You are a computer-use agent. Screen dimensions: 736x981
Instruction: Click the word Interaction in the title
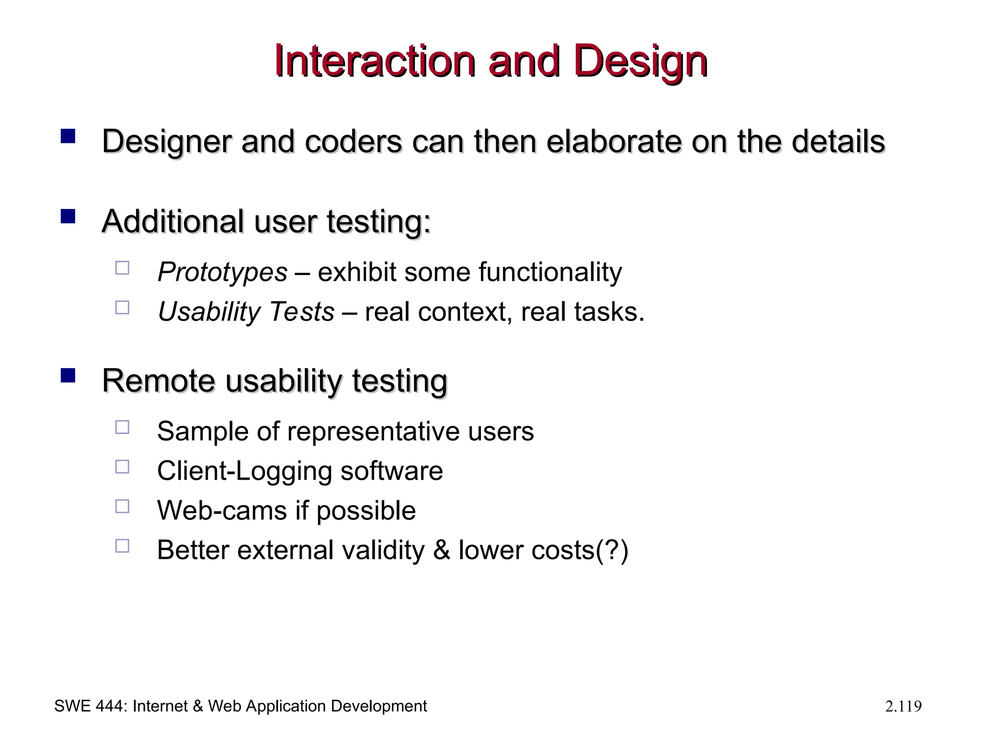point(375,61)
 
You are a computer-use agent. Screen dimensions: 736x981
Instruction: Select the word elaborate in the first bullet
point(614,142)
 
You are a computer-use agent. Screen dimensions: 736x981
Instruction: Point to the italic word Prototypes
point(222,272)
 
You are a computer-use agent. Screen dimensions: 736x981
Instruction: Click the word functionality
point(550,272)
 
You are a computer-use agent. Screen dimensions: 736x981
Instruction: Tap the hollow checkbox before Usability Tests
point(122,307)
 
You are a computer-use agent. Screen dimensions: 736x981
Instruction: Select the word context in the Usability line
point(462,312)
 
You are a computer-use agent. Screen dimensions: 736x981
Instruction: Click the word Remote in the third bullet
point(159,381)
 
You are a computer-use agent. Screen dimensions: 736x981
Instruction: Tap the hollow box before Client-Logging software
point(122,467)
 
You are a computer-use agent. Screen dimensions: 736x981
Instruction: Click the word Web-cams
point(222,510)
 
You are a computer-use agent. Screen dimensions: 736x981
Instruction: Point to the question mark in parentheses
point(611,550)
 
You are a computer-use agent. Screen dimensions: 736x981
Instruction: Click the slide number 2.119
point(903,706)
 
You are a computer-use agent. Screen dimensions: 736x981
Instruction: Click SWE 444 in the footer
point(89,706)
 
